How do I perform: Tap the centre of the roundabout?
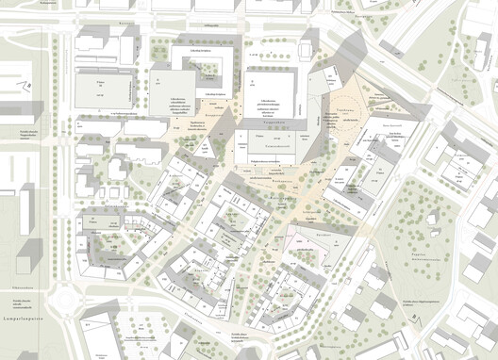coord(67,303)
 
